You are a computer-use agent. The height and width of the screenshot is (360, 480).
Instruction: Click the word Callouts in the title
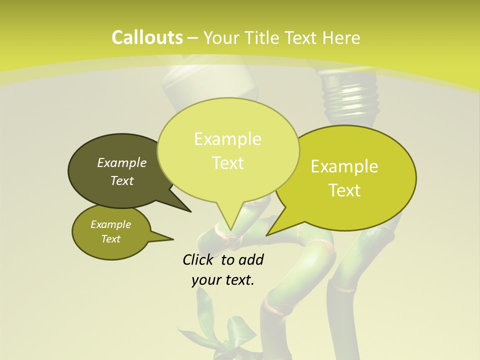[147, 37]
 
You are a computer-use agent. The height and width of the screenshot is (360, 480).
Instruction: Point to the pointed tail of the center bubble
[230, 220]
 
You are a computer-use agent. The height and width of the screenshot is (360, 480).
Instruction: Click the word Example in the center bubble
[227, 139]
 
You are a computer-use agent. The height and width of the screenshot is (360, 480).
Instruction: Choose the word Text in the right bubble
[345, 190]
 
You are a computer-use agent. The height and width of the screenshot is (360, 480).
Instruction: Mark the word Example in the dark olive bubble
[122, 162]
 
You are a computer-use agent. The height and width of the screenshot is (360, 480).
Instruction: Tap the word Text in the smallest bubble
[111, 239]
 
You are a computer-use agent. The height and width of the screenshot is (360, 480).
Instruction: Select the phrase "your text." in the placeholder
[223, 280]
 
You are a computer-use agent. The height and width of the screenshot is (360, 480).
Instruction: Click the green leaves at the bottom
[220, 330]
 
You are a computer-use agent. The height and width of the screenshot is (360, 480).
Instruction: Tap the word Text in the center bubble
[228, 163]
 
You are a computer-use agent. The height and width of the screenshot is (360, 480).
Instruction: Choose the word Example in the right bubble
[344, 166]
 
